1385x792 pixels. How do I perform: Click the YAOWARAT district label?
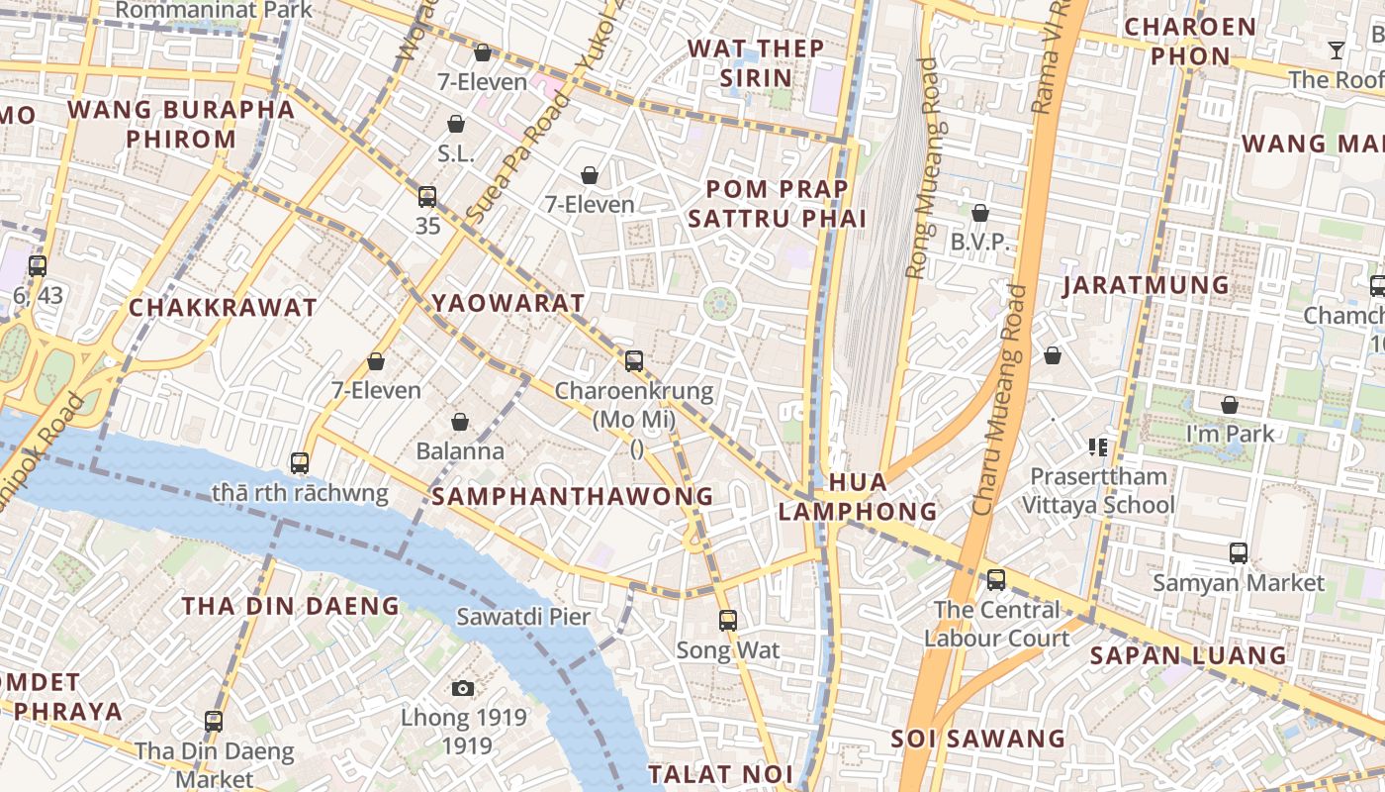(508, 303)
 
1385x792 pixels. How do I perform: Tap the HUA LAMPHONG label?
(858, 497)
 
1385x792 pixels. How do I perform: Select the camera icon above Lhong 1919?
(462, 688)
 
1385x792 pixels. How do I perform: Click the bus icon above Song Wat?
(728, 621)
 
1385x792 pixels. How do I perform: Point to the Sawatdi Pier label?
(522, 617)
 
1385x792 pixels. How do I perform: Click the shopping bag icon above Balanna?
(459, 422)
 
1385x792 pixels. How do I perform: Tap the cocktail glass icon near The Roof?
(1337, 50)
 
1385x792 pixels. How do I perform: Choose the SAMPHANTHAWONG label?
(573, 496)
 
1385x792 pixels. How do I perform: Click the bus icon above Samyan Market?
(1238, 552)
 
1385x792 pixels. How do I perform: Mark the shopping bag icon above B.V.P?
(979, 213)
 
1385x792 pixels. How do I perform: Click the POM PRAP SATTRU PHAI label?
(777, 204)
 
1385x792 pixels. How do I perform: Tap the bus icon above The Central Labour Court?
(996, 580)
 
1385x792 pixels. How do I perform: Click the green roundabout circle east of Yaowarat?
(720, 304)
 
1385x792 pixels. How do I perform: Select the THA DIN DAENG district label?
(291, 606)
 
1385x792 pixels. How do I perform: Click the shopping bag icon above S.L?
(456, 124)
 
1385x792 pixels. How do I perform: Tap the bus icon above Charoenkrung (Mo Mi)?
(634, 361)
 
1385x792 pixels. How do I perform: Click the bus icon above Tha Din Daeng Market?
(214, 722)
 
